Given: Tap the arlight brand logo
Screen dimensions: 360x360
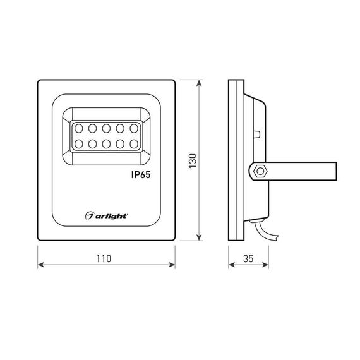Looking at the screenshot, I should [107, 216].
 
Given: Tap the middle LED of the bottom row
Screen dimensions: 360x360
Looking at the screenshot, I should [105, 145].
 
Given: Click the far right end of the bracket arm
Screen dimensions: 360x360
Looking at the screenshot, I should [335, 171].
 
